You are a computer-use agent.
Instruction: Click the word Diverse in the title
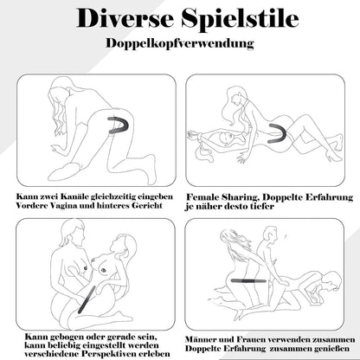pyautogui.click(x=125, y=18)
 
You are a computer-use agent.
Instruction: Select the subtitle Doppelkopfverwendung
pyautogui.click(x=180, y=43)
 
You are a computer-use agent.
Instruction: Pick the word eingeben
pyautogui.click(x=155, y=197)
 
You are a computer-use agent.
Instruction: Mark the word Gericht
pyautogui.click(x=146, y=205)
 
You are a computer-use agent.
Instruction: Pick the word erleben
pyautogui.click(x=158, y=354)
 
